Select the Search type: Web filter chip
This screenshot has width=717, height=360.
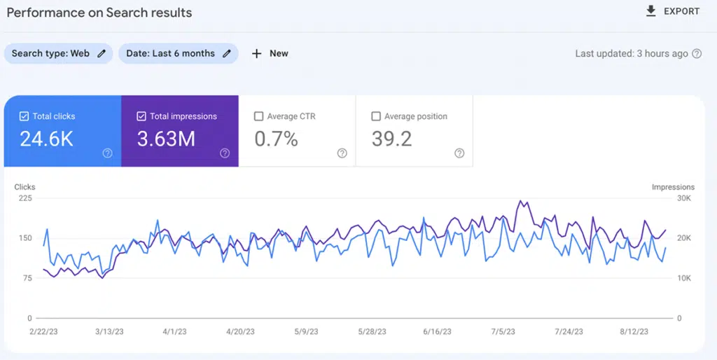tap(59, 53)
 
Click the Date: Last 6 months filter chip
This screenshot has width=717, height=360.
tap(178, 53)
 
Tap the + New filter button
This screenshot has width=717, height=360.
tap(270, 53)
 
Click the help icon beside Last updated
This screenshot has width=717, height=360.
tap(697, 54)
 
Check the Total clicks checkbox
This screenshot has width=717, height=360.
tap(24, 116)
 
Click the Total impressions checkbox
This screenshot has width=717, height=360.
tap(141, 116)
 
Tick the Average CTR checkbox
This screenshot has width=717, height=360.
tap(259, 116)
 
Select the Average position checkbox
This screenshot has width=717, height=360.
tap(376, 116)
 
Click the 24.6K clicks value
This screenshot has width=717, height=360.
tap(46, 139)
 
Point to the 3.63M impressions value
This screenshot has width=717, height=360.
tap(166, 139)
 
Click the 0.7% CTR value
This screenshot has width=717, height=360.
tap(276, 139)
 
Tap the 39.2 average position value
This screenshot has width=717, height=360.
tap(391, 139)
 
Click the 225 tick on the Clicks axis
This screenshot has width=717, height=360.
tap(25, 198)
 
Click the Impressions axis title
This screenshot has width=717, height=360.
tap(673, 187)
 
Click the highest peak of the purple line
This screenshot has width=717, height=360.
tap(520, 201)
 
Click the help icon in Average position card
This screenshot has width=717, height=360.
tap(459, 153)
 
